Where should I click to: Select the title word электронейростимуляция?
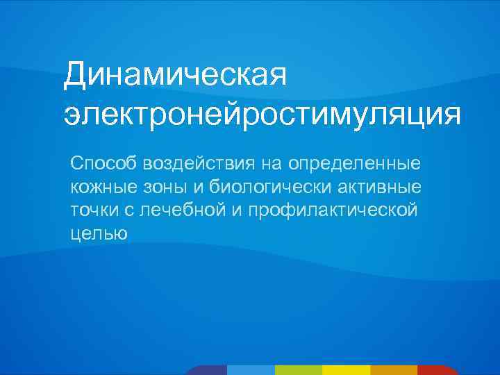(262, 115)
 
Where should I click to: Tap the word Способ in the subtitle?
(103, 164)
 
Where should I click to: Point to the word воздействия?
(199, 164)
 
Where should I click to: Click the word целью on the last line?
(98, 234)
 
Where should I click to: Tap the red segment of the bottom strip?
(438, 370)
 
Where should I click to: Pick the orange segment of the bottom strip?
(393, 370)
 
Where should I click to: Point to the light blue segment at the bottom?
(251, 370)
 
